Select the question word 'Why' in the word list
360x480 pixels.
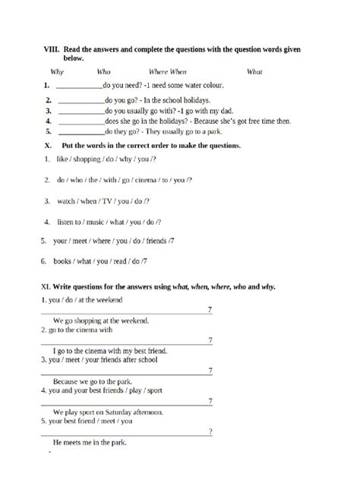click(x=57, y=72)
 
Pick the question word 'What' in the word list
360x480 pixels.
click(x=254, y=72)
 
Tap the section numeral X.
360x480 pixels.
click(x=49, y=145)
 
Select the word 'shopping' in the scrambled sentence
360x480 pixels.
click(x=90, y=159)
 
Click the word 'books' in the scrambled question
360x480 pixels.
click(x=62, y=261)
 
